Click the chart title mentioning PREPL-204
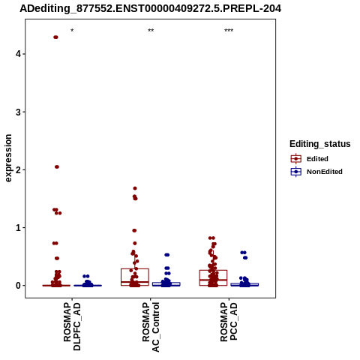(151, 8)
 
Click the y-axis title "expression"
(8, 158)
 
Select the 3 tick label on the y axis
(18, 112)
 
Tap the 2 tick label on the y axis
(18, 169)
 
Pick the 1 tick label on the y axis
(18, 227)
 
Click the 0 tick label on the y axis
(18, 286)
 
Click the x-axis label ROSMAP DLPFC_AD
(72, 326)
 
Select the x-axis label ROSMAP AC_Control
(151, 327)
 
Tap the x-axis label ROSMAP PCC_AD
(229, 322)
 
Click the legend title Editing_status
(320, 144)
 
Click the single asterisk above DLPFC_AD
(72, 31)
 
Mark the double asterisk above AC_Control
(151, 31)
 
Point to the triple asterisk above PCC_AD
(229, 31)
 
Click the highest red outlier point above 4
(55, 37)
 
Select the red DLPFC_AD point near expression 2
(57, 166)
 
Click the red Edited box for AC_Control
(135, 277)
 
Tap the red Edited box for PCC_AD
(213, 277)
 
